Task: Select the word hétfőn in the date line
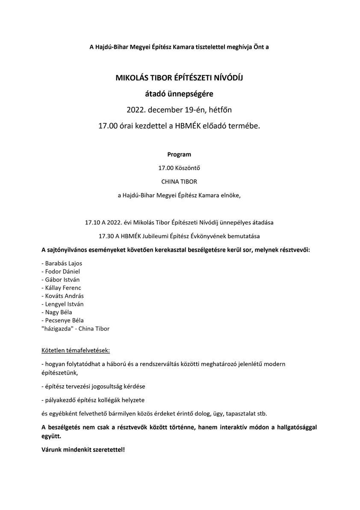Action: [221, 110]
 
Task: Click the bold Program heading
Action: [179, 154]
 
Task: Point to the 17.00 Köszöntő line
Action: [179, 168]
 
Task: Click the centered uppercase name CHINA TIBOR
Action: [179, 182]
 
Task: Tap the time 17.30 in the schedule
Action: [106, 236]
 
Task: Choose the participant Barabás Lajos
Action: [64, 263]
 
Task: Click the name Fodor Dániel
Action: [62, 271]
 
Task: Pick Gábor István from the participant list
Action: [62, 279]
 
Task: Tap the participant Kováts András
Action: [64, 296]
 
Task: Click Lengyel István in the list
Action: [64, 304]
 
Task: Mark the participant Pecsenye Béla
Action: [64, 320]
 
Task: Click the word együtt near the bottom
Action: [51, 437]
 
